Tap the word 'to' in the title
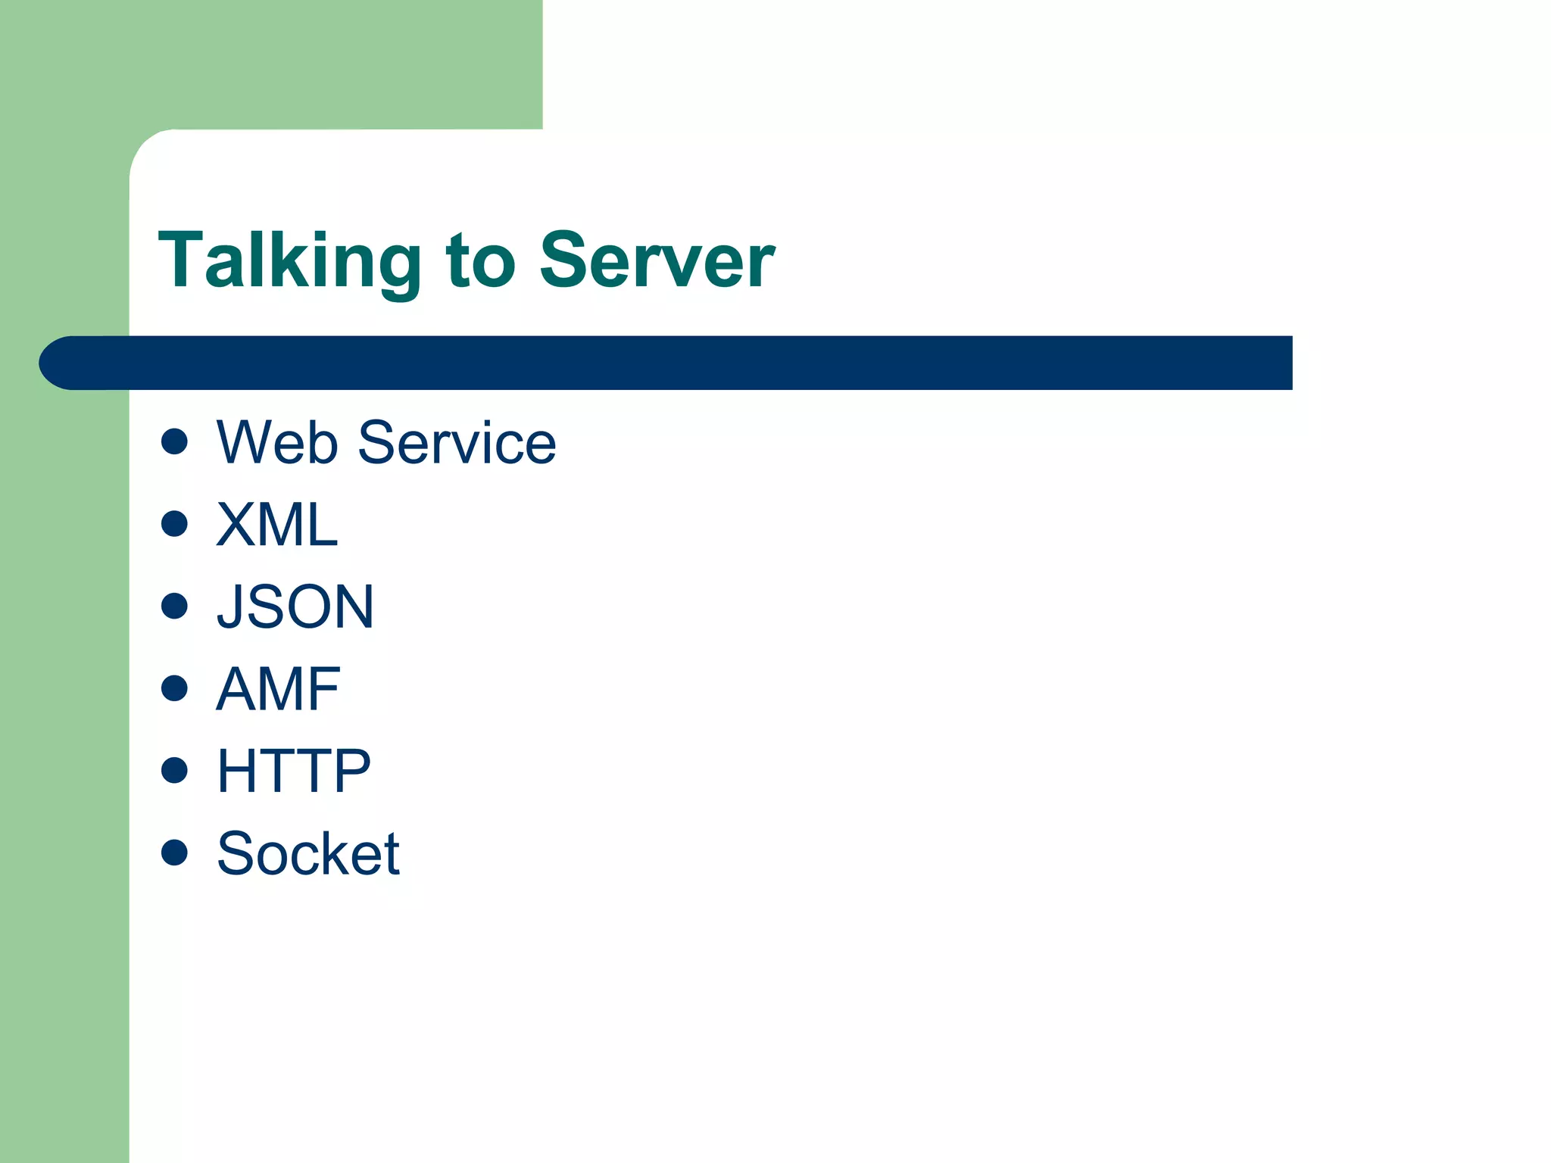tap(480, 261)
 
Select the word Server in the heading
tap(657, 261)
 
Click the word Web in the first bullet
tap(277, 442)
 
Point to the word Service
tap(457, 442)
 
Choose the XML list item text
tap(277, 524)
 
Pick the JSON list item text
tap(295, 606)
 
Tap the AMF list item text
tap(279, 689)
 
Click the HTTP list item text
tap(294, 771)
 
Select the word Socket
tap(308, 853)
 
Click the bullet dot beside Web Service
tap(174, 441)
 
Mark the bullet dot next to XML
tap(174, 523)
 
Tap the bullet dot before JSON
tap(174, 606)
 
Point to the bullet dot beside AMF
tap(174, 688)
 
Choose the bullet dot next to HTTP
tap(174, 770)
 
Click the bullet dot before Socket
tap(174, 852)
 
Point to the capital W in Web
tap(243, 442)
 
